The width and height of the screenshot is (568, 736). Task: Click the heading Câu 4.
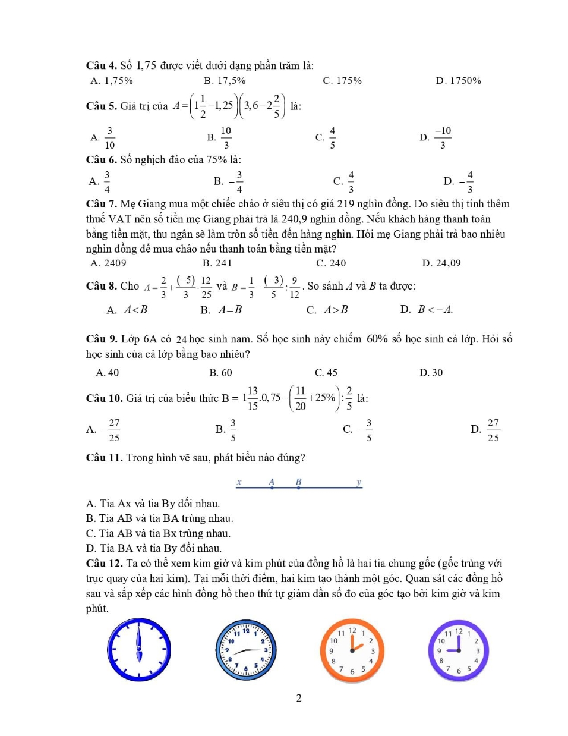click(102, 65)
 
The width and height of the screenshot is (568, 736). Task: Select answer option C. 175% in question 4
click(342, 81)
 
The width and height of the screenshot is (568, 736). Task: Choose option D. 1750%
click(458, 81)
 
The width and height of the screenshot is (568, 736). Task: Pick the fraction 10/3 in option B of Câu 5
click(226, 138)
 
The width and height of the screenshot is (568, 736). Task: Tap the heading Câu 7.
click(102, 204)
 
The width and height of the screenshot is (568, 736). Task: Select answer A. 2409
click(108, 263)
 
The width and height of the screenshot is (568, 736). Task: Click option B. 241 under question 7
click(217, 263)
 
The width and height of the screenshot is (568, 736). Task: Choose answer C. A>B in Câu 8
click(327, 310)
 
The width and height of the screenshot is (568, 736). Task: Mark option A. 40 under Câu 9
click(108, 373)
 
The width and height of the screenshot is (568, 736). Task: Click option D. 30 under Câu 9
click(431, 373)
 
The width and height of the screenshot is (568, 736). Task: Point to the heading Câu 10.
click(105, 398)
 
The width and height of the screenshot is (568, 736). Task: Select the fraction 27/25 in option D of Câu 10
click(493, 430)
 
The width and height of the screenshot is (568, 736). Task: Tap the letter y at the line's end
click(359, 482)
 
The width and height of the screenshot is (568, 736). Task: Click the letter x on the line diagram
click(239, 482)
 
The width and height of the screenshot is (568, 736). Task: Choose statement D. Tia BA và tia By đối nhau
click(154, 548)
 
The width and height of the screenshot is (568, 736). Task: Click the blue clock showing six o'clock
click(139, 650)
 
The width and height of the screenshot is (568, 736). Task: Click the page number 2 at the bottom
click(299, 698)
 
